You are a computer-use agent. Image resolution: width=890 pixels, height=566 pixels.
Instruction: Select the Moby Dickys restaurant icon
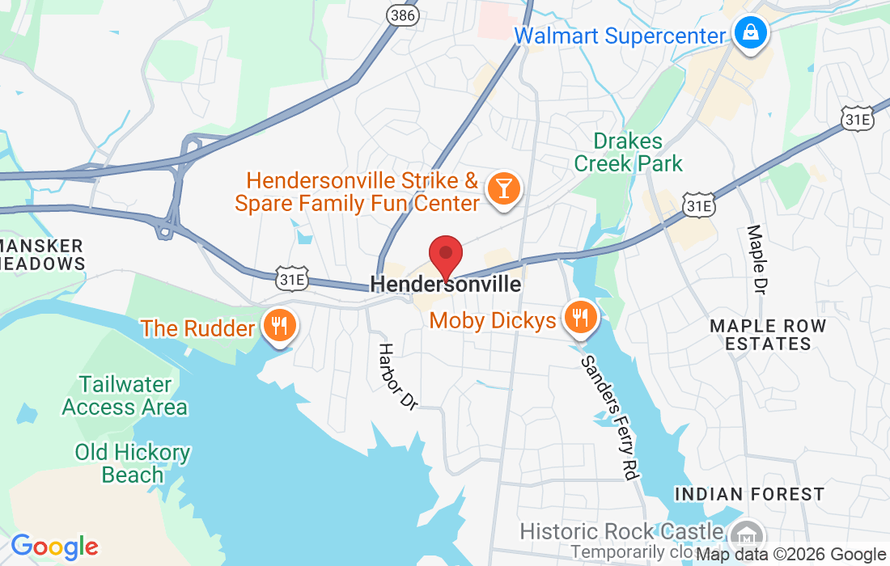click(579, 318)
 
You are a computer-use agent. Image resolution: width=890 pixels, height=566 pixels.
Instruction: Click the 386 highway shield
click(402, 15)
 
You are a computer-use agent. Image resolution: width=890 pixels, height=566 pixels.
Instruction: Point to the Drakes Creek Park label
click(629, 152)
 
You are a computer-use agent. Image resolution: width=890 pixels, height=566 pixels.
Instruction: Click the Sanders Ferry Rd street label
click(609, 418)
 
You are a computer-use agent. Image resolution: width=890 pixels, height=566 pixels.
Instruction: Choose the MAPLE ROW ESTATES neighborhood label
click(768, 335)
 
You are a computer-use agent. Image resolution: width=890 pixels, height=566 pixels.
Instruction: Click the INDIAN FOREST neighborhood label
click(749, 494)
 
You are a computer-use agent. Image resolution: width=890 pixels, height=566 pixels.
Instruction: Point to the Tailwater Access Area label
click(125, 395)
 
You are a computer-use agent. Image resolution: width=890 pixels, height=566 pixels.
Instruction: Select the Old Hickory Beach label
click(133, 463)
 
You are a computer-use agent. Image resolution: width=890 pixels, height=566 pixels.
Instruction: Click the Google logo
click(54, 547)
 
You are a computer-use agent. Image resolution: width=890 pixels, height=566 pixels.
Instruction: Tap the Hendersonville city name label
click(445, 285)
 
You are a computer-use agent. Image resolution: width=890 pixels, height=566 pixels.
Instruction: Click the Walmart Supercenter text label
click(621, 36)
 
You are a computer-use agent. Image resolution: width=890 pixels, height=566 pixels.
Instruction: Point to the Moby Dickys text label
click(493, 321)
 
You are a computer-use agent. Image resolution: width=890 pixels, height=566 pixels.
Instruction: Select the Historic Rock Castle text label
click(621, 531)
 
